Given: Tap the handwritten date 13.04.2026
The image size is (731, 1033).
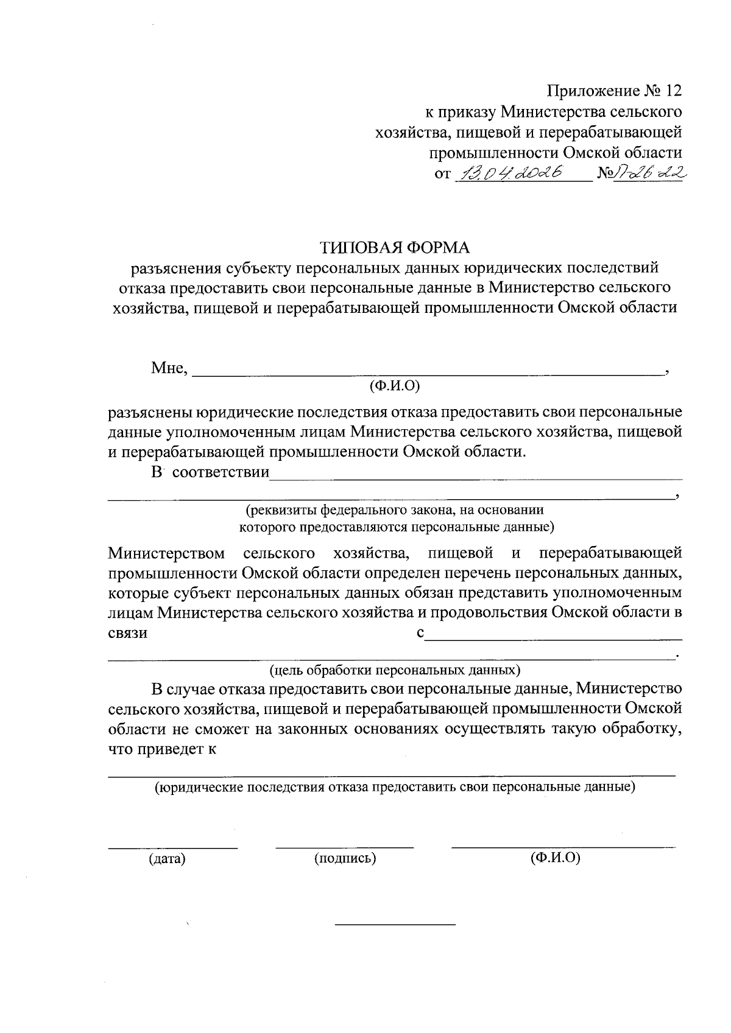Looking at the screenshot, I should pos(512,173).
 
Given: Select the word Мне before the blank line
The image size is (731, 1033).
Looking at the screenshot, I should pos(168,368).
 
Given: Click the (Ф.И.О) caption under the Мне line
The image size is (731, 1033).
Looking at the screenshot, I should pos(395,385).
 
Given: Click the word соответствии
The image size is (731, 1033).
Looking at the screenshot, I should pos(221,473).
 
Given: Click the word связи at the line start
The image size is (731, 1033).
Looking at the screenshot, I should pos(127,633).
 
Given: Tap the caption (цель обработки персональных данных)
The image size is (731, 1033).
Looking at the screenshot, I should pos(395,671).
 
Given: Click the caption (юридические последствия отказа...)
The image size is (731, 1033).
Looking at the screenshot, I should pos(395,787).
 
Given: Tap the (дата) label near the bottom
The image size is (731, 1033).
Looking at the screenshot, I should pos(167,859).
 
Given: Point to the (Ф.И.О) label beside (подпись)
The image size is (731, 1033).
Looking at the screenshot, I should pos(555,858).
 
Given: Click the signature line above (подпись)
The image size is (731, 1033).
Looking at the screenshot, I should pos(345,847).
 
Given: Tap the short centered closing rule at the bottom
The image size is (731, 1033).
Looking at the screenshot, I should pos(395,925).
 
